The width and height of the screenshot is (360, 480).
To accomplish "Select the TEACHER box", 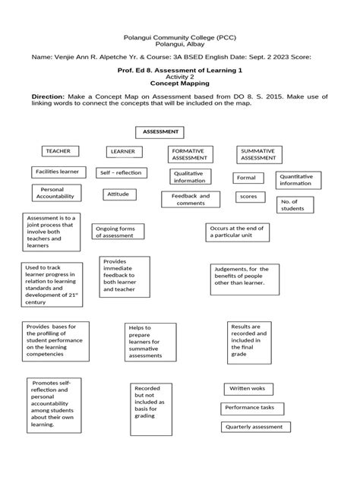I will [57, 151].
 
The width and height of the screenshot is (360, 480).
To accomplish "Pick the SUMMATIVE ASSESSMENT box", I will [258, 155].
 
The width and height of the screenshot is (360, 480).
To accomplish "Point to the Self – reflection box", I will [121, 173].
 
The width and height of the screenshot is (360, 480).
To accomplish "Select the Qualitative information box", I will [189, 177].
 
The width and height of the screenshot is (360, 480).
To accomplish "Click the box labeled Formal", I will [247, 178].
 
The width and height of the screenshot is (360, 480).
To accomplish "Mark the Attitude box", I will [118, 194].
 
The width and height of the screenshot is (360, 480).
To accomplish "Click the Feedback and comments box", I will [190, 200].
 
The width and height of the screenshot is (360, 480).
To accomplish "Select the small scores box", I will [248, 197].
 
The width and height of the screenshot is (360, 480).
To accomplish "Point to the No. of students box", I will [292, 205].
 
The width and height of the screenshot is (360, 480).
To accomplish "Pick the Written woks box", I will [248, 389].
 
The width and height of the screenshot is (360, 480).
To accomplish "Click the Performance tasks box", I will [253, 408].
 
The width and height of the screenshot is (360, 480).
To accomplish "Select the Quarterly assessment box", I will [254, 427].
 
